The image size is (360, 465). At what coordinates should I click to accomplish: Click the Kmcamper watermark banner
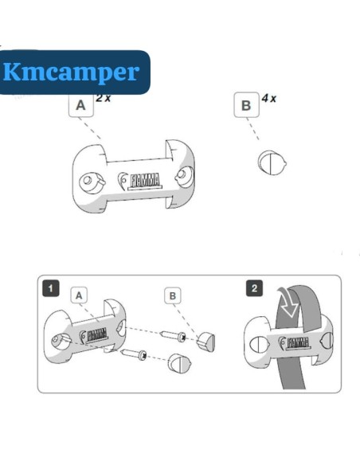coord(74,72)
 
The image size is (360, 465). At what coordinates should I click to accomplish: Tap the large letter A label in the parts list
coord(81,105)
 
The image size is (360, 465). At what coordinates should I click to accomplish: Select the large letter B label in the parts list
coord(246,105)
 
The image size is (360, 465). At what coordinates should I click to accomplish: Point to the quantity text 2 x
coord(104,98)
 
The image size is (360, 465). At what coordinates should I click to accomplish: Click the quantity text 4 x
coord(268,98)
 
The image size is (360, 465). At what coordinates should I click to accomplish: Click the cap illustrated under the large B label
coord(272,162)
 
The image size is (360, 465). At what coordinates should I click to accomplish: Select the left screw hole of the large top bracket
coord(92,183)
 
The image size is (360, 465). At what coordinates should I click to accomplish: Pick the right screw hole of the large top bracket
coord(184,177)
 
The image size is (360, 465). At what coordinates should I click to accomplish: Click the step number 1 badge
coord(51,288)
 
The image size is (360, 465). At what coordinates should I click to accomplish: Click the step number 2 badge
coord(254,288)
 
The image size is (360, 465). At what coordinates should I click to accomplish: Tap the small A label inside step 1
coord(79,295)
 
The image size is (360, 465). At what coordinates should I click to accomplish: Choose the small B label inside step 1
coord(173,295)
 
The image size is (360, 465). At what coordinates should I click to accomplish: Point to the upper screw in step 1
coord(174,335)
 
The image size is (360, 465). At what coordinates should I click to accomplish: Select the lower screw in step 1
coord(134,354)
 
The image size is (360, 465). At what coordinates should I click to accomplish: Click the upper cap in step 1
coord(206,342)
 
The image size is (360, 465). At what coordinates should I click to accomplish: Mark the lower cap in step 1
coord(179,363)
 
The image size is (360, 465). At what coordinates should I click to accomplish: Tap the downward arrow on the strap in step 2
coord(288,303)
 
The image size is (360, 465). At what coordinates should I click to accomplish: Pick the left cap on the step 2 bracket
coord(259,345)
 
